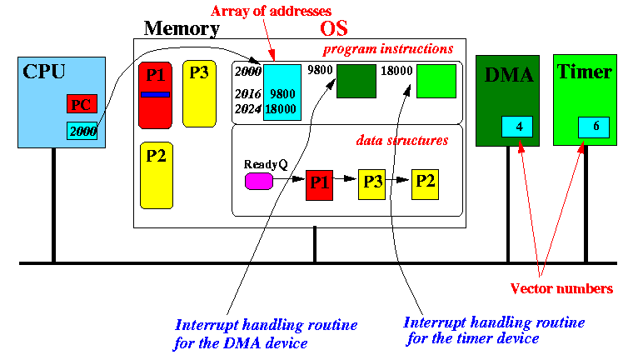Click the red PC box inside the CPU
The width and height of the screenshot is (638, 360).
(x=82, y=104)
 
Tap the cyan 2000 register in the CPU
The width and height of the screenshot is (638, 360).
(x=82, y=131)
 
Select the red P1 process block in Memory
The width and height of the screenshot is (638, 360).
(x=155, y=95)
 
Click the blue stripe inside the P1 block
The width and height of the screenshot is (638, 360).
(x=155, y=94)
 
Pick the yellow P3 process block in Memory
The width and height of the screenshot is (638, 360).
(x=199, y=93)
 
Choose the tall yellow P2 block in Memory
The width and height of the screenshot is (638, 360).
(x=157, y=175)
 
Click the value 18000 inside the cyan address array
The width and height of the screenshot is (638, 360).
(x=281, y=109)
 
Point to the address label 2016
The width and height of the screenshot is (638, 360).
(x=248, y=94)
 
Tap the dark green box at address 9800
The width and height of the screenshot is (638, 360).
(x=356, y=81)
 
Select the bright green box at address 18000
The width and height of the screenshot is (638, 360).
(x=436, y=81)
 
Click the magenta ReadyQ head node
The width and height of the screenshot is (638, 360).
(x=259, y=181)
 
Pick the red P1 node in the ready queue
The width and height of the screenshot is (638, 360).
(x=319, y=185)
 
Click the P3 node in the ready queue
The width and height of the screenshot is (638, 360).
(x=372, y=184)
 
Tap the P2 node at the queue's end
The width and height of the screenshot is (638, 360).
(x=426, y=184)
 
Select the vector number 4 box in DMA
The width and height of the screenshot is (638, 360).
(x=517, y=126)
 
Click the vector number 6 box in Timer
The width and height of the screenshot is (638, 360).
(x=594, y=127)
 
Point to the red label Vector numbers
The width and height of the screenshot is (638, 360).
(x=561, y=288)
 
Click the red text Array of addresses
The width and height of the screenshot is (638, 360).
(x=271, y=11)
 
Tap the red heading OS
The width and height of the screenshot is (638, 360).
(x=334, y=28)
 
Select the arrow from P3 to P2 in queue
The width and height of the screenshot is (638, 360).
(x=397, y=180)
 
